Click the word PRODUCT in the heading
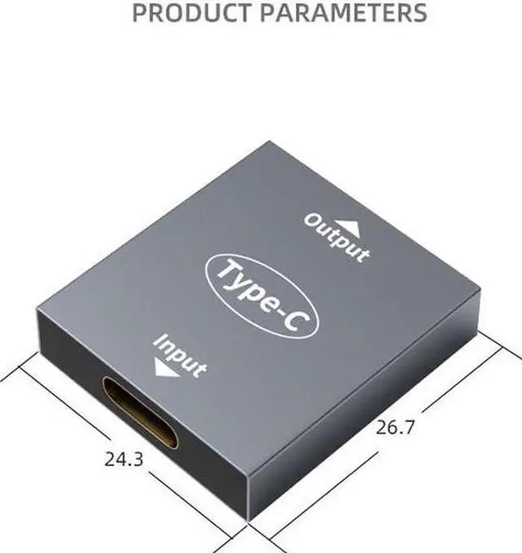187,13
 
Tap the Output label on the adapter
337,237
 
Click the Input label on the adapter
180,356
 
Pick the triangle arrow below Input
166,370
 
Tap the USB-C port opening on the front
140,413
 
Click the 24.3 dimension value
124,459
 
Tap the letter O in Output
312,219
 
